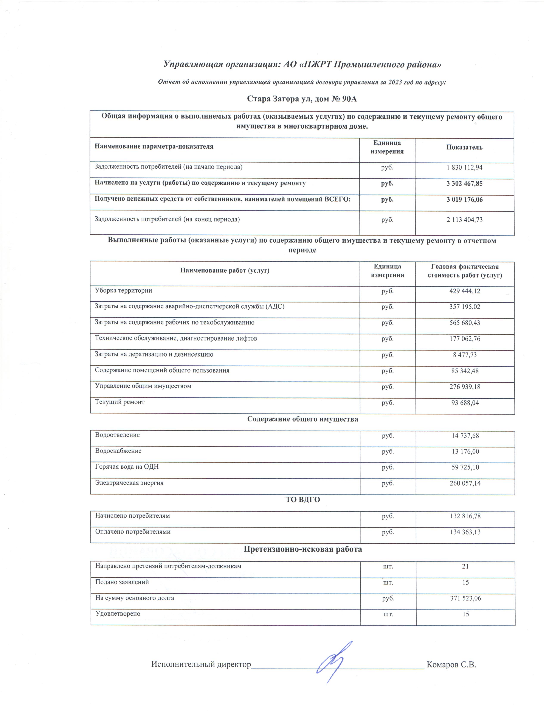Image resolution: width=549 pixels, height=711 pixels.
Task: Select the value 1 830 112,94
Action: [x=464, y=167]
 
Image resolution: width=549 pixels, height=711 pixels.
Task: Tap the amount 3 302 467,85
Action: [x=464, y=184]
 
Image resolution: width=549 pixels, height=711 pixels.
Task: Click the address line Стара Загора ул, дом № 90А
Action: [x=302, y=99]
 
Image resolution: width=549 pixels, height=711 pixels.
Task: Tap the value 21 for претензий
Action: [x=465, y=566]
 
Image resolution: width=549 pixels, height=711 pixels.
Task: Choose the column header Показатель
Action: [x=464, y=147]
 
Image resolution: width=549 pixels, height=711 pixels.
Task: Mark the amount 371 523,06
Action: [x=465, y=598]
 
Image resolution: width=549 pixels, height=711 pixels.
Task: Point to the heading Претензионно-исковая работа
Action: [x=303, y=549]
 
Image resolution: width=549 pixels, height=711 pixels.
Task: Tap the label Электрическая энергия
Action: [x=129, y=483]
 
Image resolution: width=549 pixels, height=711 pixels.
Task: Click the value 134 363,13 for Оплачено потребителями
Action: [x=465, y=532]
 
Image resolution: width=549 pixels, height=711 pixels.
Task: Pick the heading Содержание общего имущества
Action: [x=302, y=419]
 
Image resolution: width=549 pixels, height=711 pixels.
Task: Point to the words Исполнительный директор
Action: [x=201, y=665]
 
